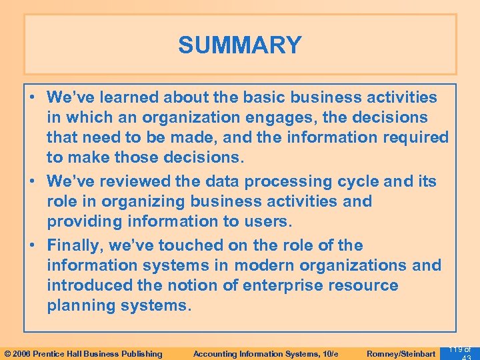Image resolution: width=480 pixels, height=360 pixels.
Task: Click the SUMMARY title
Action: pyautogui.click(x=240, y=45)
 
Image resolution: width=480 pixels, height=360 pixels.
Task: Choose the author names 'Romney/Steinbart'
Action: pyautogui.click(x=401, y=354)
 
